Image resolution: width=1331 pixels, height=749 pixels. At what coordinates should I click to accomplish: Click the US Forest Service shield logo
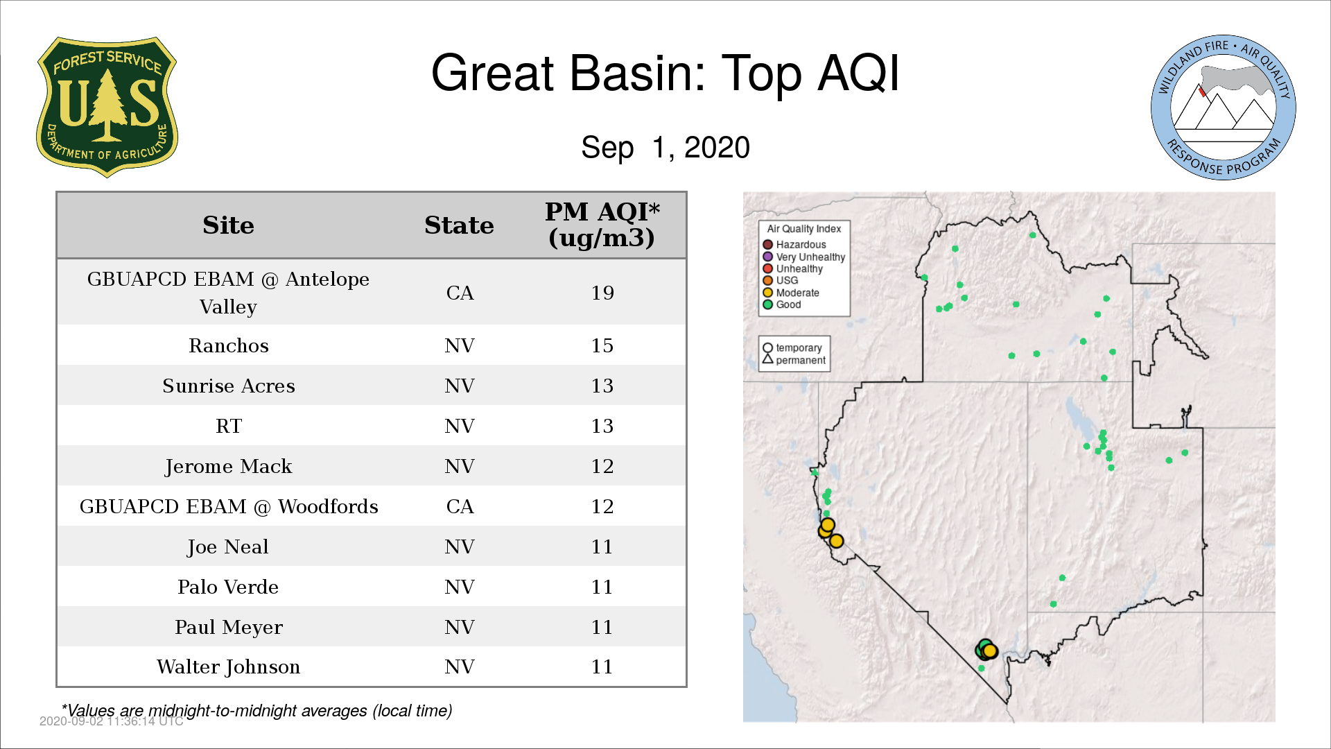tap(107, 107)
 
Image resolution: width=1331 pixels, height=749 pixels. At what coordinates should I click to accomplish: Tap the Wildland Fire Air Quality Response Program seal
tap(1224, 107)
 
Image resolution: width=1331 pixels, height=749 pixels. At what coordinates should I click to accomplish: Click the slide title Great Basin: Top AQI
tap(665, 73)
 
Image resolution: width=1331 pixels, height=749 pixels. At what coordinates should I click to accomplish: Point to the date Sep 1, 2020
tap(665, 147)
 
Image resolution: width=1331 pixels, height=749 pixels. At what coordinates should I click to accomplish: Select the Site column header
tap(228, 225)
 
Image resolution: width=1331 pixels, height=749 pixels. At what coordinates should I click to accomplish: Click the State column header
tap(459, 225)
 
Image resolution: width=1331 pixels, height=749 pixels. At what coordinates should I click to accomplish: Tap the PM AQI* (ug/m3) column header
tap(602, 225)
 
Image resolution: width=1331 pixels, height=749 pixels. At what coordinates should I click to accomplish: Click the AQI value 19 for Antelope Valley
tap(602, 293)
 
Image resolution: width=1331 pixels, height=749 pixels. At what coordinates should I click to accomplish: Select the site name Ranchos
tap(229, 345)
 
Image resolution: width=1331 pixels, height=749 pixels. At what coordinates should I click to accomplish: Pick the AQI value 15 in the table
tap(602, 345)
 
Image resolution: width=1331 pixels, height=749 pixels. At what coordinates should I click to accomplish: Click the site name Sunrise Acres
tap(229, 386)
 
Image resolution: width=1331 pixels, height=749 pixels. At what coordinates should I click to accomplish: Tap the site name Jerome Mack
tap(229, 466)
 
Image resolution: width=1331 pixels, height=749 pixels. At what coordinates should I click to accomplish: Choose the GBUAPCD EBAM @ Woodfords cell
tap(229, 506)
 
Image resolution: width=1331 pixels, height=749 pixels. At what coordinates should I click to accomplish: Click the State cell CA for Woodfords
tap(460, 506)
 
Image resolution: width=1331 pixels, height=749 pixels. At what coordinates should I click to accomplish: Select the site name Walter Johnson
tap(229, 666)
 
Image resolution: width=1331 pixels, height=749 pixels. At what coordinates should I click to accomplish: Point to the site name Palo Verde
tap(228, 587)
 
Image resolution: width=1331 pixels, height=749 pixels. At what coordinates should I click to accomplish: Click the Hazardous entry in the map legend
tap(794, 245)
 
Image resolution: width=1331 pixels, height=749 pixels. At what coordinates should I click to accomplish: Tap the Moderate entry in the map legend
tap(791, 293)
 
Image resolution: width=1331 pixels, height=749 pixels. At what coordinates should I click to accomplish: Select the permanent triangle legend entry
tap(794, 360)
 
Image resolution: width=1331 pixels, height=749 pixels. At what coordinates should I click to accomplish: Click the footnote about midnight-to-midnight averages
tap(257, 711)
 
